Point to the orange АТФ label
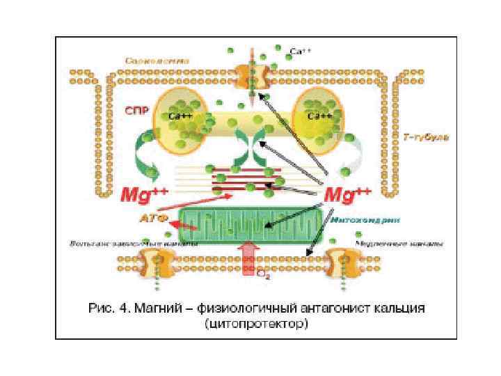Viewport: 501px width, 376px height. click(x=149, y=218)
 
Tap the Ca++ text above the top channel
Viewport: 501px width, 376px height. click(x=296, y=50)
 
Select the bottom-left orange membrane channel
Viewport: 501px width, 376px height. click(x=157, y=263)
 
